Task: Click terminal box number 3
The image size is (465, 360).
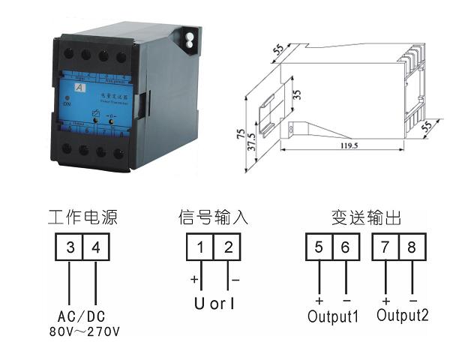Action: pos(68,247)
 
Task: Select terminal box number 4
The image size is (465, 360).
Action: pos(94,247)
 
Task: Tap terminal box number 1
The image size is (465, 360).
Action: pos(201,247)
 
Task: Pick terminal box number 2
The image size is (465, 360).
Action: pos(228,247)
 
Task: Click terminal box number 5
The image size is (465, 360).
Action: pos(319,247)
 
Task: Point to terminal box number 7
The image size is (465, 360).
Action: pos(386,247)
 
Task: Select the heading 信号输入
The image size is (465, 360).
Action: pos(214,218)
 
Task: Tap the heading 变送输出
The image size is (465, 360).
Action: pos(366,218)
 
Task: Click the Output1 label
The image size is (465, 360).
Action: pos(333,316)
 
